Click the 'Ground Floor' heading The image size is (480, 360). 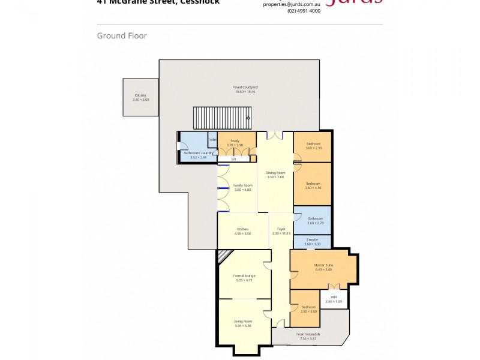[x=122, y=36]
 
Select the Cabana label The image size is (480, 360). [x=140, y=95]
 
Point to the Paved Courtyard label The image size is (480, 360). [x=245, y=88]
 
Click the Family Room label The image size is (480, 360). [x=243, y=185]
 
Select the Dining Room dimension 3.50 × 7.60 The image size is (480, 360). [x=275, y=177]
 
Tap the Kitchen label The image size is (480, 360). [x=242, y=229]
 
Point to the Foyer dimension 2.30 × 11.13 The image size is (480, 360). [x=281, y=233]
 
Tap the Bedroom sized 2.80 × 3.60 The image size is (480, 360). [x=309, y=307]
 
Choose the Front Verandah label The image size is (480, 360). [x=308, y=334]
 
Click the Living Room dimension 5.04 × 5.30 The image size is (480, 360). [x=243, y=326]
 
